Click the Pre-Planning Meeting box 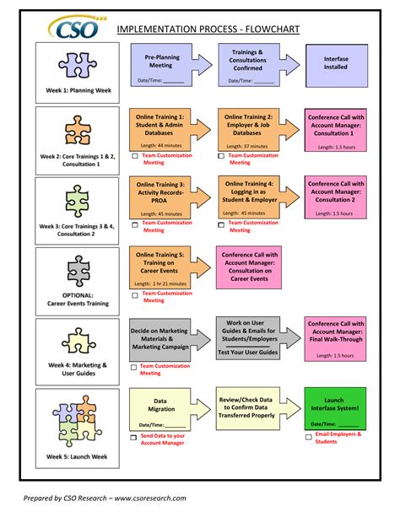(x=159, y=64)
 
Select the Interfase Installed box (x=335, y=64)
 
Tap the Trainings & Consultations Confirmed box (x=246, y=64)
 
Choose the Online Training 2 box (x=246, y=128)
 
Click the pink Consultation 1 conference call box (x=335, y=128)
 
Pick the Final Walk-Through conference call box (x=335, y=338)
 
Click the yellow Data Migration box (x=159, y=408)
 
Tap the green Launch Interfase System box (x=335, y=408)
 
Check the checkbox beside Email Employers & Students (x=308, y=438)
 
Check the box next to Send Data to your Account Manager (x=133, y=438)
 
